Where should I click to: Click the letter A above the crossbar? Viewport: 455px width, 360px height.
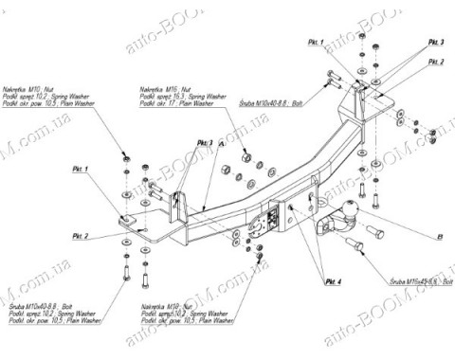coord(221,143)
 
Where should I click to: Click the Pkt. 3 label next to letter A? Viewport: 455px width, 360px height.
coord(204,141)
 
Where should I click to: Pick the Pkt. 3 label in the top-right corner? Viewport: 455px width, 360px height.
coord(435,44)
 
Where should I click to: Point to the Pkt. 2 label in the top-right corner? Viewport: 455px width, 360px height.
coord(435,61)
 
